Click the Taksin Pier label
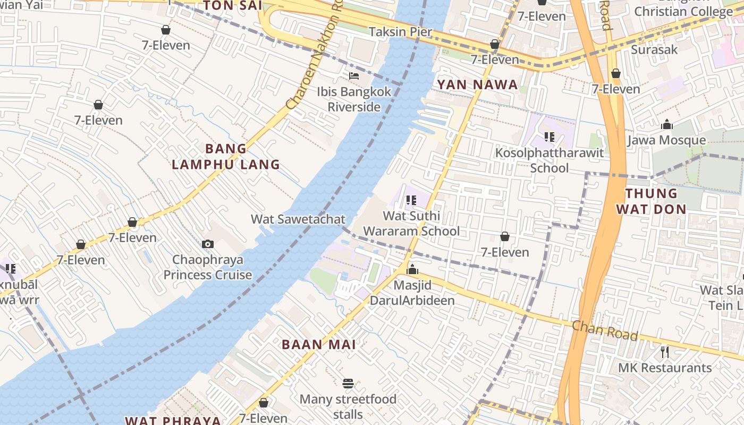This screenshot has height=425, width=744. click(400, 32)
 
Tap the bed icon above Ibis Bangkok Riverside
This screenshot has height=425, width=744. click(354, 76)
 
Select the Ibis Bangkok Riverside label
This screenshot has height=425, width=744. click(354, 99)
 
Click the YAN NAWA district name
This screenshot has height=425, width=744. click(477, 84)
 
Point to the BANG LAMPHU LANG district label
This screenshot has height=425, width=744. click(226, 157)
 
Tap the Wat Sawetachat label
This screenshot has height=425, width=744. click(298, 219)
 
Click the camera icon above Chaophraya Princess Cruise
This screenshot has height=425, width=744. click(208, 244)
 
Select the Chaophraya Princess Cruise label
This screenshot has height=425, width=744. click(208, 267)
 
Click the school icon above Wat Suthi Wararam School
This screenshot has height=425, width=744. click(411, 200)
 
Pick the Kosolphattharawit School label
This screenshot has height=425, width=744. click(549, 160)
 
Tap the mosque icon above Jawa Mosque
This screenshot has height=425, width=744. click(666, 125)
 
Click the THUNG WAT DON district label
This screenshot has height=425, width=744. click(651, 201)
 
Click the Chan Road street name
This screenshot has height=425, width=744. click(604, 330)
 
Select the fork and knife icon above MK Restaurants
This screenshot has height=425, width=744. click(664, 352)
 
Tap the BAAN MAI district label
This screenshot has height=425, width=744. click(319, 344)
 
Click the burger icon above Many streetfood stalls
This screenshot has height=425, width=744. click(348, 384)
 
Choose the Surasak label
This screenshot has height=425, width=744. click(654, 49)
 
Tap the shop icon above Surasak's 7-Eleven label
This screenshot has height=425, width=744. click(615, 73)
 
